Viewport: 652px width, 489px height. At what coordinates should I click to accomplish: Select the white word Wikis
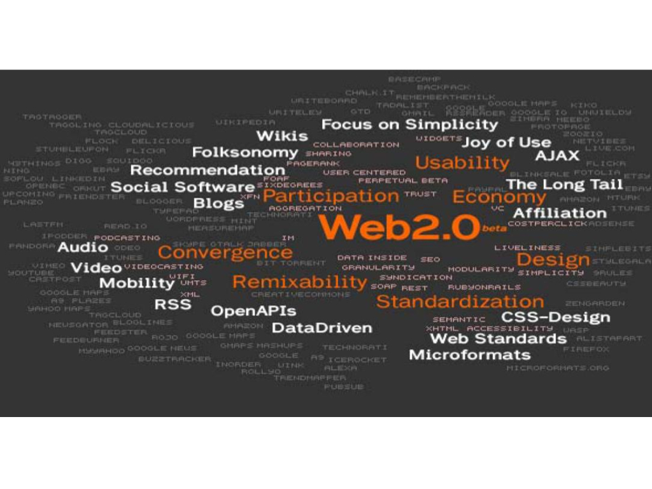(x=282, y=136)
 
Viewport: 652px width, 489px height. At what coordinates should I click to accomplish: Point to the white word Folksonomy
(x=245, y=153)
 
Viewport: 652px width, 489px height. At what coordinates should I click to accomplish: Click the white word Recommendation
(x=208, y=170)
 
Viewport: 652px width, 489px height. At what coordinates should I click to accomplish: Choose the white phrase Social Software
(x=183, y=187)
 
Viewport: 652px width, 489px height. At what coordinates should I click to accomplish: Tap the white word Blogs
(x=218, y=204)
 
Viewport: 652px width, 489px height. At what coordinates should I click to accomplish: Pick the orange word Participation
(x=330, y=195)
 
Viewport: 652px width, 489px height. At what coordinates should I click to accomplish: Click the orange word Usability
(x=462, y=162)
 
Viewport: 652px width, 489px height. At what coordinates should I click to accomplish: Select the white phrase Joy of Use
(x=506, y=142)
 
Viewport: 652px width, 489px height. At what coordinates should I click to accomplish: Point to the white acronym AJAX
(x=557, y=156)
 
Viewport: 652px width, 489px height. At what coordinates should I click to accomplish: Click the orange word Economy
(x=499, y=197)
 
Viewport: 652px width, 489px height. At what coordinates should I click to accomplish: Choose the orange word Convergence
(x=225, y=253)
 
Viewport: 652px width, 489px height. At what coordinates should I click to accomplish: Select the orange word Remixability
(x=300, y=282)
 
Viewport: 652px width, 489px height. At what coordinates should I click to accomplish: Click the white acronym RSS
(x=173, y=304)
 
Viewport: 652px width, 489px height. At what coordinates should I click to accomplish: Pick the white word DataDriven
(x=322, y=328)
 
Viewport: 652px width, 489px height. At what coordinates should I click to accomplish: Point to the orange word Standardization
(x=460, y=301)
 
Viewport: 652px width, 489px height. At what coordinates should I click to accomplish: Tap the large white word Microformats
(x=470, y=355)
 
